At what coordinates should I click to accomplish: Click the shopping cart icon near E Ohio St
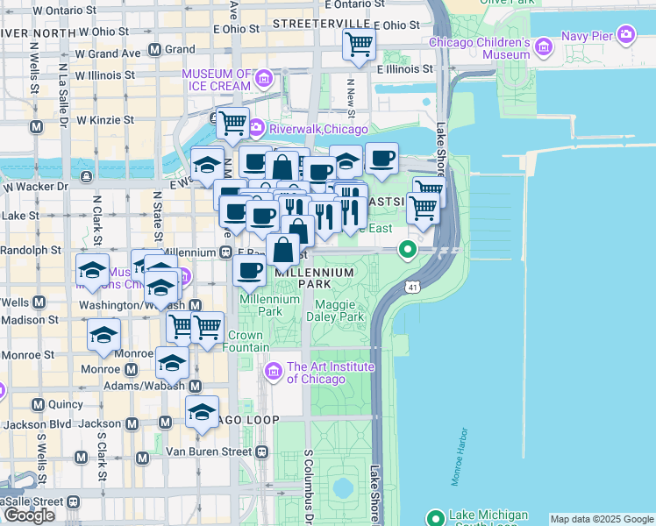pos(359,44)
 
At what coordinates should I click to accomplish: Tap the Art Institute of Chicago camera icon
pos(273,373)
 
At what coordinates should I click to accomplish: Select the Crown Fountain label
pos(248,341)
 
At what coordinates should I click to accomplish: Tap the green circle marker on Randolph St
pos(408,250)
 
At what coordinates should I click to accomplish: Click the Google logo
pos(29,515)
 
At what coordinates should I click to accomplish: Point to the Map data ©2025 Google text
pos(601,519)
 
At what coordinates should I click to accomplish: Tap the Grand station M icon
pos(154,50)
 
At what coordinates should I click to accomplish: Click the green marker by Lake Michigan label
pos(435,517)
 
